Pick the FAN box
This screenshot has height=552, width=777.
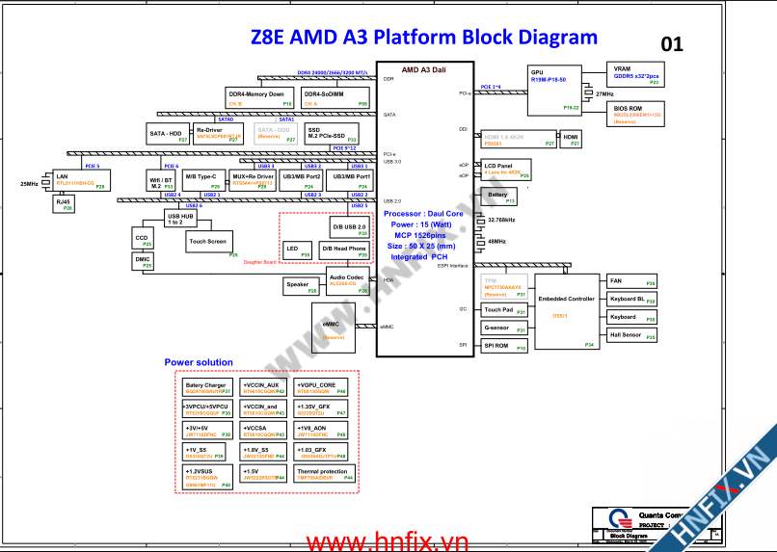631,281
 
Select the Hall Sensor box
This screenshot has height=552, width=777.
631,335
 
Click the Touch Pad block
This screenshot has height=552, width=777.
504,310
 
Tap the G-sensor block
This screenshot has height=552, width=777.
504,329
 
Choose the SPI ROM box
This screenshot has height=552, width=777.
504,346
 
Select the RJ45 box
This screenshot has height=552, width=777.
64,203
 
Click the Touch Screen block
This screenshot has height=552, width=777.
209,242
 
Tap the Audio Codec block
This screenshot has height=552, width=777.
347,280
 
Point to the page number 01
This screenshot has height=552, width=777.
672,43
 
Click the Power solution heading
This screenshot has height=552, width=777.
199,362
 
